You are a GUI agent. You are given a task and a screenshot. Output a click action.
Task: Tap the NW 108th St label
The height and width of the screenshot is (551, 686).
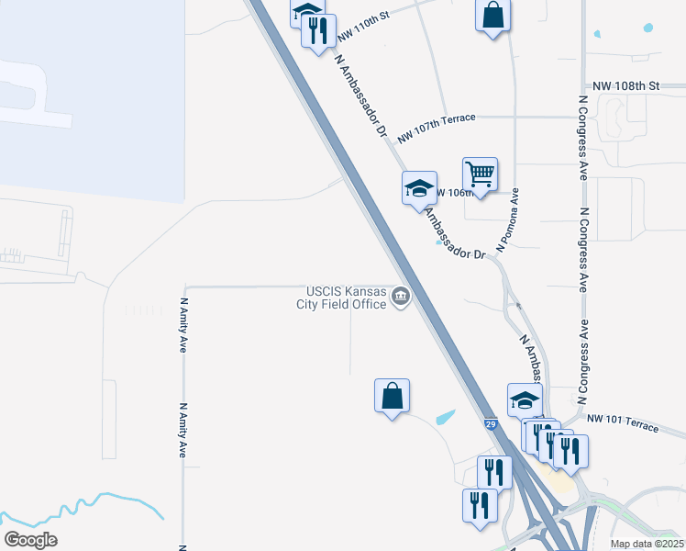click(626, 85)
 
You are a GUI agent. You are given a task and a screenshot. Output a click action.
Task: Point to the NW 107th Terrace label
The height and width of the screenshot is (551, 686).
click(437, 128)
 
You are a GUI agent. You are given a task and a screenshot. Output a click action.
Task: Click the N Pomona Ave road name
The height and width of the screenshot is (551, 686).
click(508, 220)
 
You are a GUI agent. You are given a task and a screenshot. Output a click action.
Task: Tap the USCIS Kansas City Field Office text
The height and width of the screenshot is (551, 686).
click(341, 298)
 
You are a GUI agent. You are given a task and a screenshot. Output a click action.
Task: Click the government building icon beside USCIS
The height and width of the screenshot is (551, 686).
click(401, 297)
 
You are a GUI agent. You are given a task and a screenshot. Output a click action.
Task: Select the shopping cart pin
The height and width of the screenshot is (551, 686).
click(480, 174)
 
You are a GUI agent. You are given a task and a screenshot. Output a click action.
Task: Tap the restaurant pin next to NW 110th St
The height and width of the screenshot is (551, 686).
click(318, 30)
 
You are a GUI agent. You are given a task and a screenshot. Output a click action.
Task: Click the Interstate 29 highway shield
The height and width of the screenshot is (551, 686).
click(491, 424)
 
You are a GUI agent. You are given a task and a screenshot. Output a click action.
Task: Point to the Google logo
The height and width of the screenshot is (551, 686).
click(30, 540)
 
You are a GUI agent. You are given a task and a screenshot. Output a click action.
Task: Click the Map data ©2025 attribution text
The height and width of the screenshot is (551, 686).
click(647, 544)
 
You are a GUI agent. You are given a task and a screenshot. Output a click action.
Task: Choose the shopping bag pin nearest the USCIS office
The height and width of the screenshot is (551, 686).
click(392, 396)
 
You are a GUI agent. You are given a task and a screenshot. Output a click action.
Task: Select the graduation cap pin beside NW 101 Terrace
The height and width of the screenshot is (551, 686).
click(525, 400)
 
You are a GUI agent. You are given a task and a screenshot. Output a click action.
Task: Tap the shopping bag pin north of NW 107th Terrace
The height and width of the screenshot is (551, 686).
click(492, 16)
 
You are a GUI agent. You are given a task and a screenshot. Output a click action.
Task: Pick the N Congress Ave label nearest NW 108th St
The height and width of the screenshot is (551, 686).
click(582, 128)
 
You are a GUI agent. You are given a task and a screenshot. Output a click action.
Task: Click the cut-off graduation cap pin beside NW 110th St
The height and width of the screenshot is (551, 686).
click(307, 9)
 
